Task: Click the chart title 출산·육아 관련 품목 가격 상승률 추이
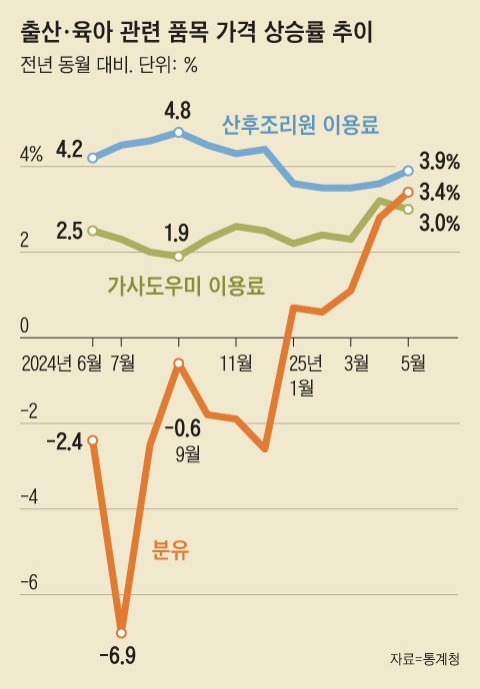[x=196, y=34]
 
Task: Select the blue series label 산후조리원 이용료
[x=305, y=125]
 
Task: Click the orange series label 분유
[x=170, y=549]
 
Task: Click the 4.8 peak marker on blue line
[x=179, y=132]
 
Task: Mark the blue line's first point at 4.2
[x=93, y=158]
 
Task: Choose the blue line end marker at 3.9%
[x=408, y=170]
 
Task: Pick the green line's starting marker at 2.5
[x=93, y=231]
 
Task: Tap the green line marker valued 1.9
[x=179, y=256]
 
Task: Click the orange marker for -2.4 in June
[x=93, y=440]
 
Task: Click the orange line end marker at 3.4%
[x=408, y=192]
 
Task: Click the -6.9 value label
[x=118, y=657]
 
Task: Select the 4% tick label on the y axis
[x=31, y=155]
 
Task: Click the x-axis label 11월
[x=236, y=363]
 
